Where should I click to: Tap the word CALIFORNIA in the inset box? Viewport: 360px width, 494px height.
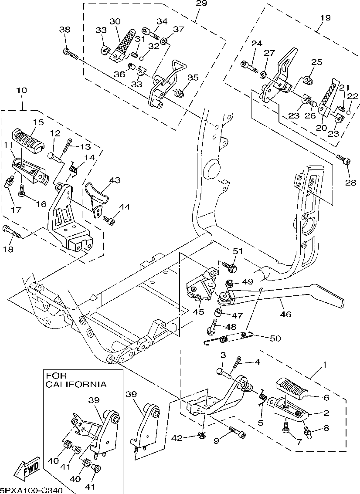coord(76,385)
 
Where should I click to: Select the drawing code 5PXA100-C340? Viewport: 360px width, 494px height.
coord(31,490)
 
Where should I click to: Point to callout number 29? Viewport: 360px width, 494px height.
coord(202,3)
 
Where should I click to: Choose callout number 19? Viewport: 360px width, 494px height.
coord(325,18)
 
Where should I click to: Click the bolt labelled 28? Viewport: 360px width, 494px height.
coord(343,160)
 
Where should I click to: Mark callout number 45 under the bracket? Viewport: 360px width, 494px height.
coord(199,311)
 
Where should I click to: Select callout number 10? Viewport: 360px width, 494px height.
coord(21,91)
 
